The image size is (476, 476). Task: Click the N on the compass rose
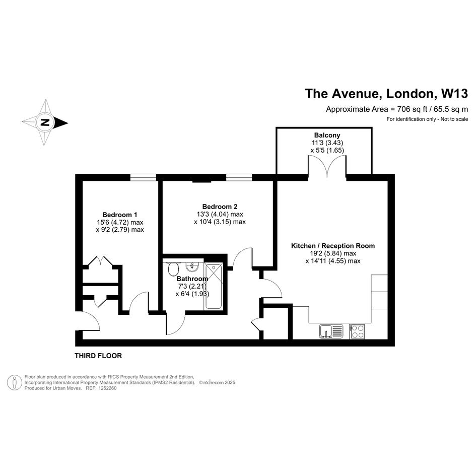coord(45,122)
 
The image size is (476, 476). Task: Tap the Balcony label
coord(327,135)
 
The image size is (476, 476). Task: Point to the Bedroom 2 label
coord(220,207)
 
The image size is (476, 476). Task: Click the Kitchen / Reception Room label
coord(333,246)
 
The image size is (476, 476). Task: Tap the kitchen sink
coord(331,331)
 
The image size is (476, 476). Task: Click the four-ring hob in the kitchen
coord(357,331)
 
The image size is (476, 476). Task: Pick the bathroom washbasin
coord(192,267)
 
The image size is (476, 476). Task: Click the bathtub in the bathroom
coord(214,286)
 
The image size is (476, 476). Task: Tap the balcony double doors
coord(327,166)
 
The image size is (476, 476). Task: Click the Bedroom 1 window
coord(143,177)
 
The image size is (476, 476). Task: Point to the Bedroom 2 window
coord(239,177)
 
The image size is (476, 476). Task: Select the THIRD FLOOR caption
coord(98,356)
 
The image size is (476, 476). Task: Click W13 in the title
coord(454,94)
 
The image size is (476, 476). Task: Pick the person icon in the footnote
coord(14,382)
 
